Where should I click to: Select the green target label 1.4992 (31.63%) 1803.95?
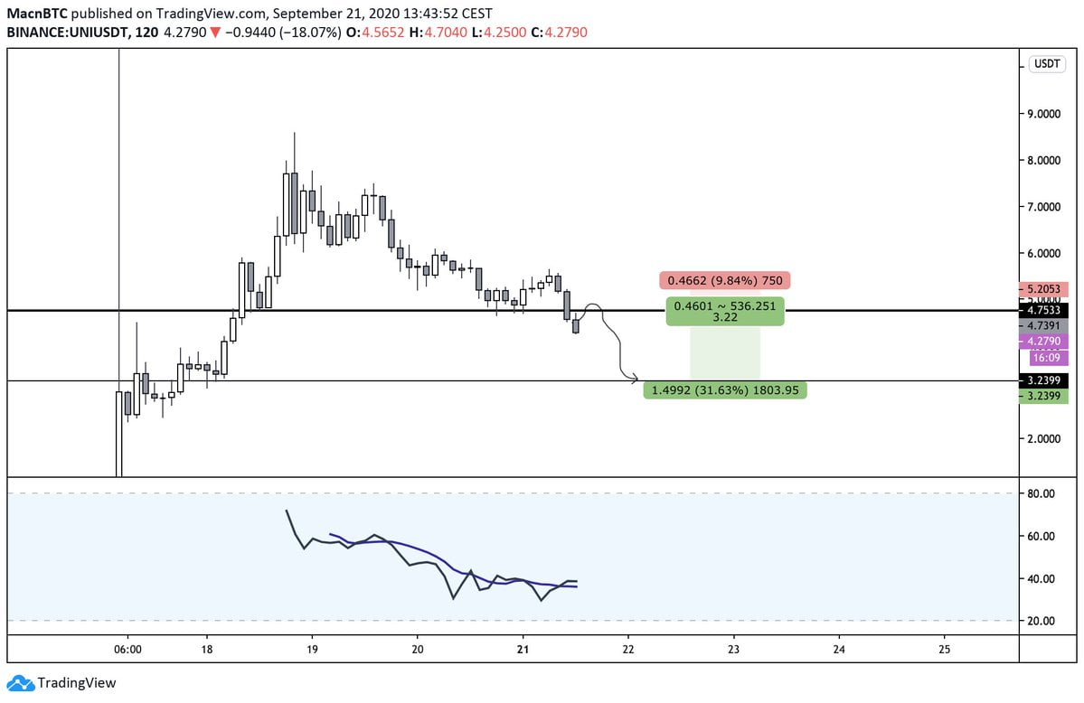725,390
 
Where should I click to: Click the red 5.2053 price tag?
1043,290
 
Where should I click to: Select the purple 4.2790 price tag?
1043,342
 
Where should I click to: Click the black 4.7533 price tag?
1043,308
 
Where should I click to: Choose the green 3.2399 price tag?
1043,396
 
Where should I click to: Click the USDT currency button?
1048,64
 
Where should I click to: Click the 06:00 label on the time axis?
127,649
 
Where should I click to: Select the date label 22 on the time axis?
628,649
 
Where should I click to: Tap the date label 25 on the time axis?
945,649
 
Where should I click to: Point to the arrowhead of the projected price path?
636,378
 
